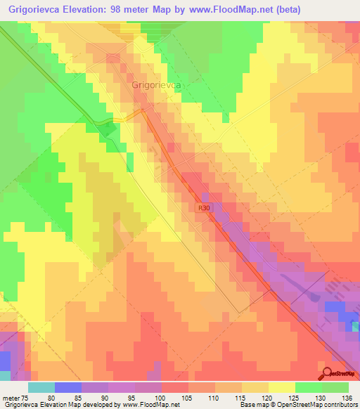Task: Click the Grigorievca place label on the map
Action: [157, 84]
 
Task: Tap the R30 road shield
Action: [204, 208]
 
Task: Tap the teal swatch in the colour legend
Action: [41, 387]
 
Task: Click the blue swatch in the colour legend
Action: [67, 387]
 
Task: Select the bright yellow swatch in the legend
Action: [281, 387]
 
